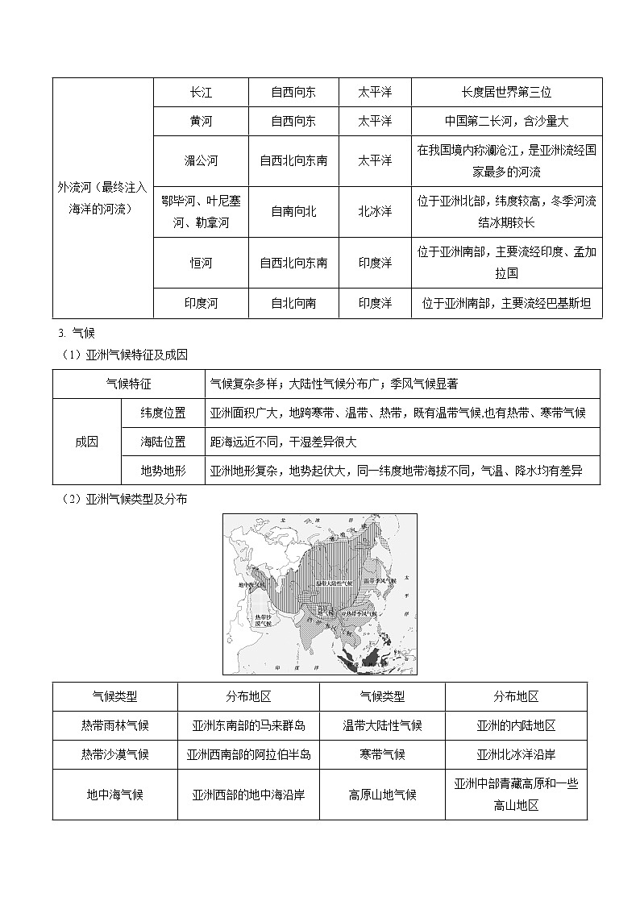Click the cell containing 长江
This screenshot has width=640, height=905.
(200, 93)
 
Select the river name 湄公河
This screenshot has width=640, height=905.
(200, 160)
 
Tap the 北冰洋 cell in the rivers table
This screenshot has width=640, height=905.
(375, 211)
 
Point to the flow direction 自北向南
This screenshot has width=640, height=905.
(293, 303)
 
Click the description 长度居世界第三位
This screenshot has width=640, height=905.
(506, 93)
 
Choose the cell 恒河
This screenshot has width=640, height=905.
(200, 263)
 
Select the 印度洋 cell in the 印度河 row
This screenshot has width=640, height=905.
(375, 303)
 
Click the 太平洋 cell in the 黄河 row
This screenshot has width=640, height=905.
(375, 121)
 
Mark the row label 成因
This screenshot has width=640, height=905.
(86, 441)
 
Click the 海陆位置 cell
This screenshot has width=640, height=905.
(163, 441)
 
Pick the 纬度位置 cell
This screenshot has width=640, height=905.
(163, 413)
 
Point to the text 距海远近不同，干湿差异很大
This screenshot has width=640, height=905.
(282, 441)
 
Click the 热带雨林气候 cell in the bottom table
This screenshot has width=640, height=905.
(115, 724)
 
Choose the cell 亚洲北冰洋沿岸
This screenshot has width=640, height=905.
(516, 754)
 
